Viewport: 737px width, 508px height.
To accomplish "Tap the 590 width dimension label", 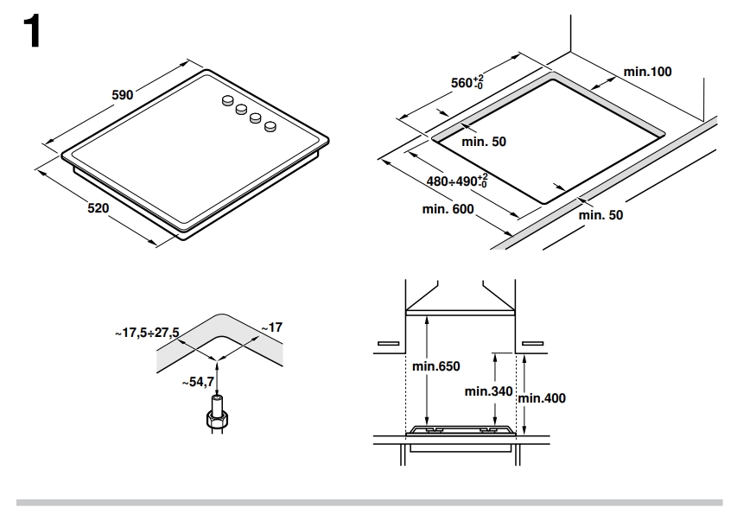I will [122, 95].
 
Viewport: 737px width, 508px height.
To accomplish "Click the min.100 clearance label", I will [646, 72].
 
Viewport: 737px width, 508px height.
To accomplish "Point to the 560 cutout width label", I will [467, 83].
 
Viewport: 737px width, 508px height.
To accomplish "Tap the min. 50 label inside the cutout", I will [484, 142].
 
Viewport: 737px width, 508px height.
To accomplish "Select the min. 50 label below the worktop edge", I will [600, 214].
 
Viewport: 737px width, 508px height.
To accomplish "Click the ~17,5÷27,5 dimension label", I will [148, 333].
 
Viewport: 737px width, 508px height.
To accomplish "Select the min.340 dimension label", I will [489, 391].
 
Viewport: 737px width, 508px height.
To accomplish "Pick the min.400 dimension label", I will [542, 398].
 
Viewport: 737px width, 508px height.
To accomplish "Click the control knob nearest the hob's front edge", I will [270, 128].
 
